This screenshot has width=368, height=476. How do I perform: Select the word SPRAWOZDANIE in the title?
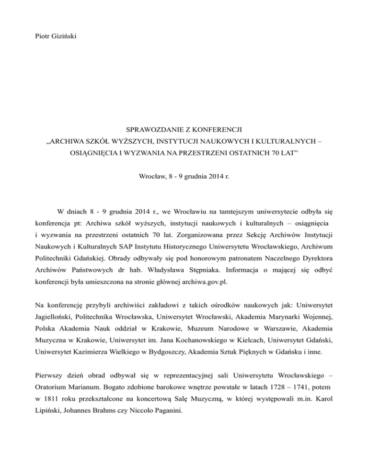pos(153,130)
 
